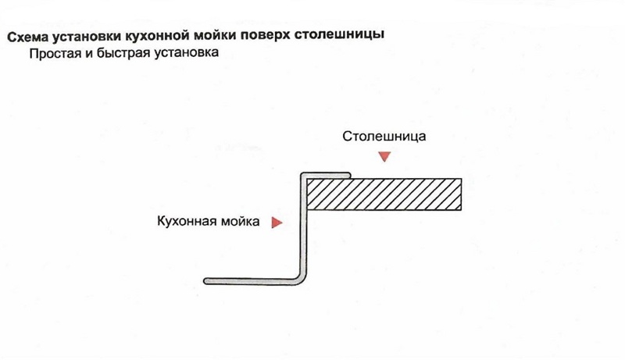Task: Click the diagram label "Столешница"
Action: (384, 136)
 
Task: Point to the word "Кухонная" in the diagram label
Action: (186, 222)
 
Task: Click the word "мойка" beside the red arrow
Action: (238, 222)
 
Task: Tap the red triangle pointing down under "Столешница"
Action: (383, 157)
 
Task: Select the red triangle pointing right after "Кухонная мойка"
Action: (276, 223)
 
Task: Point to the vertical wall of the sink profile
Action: (302, 226)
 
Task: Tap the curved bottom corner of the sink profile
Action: (298, 276)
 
